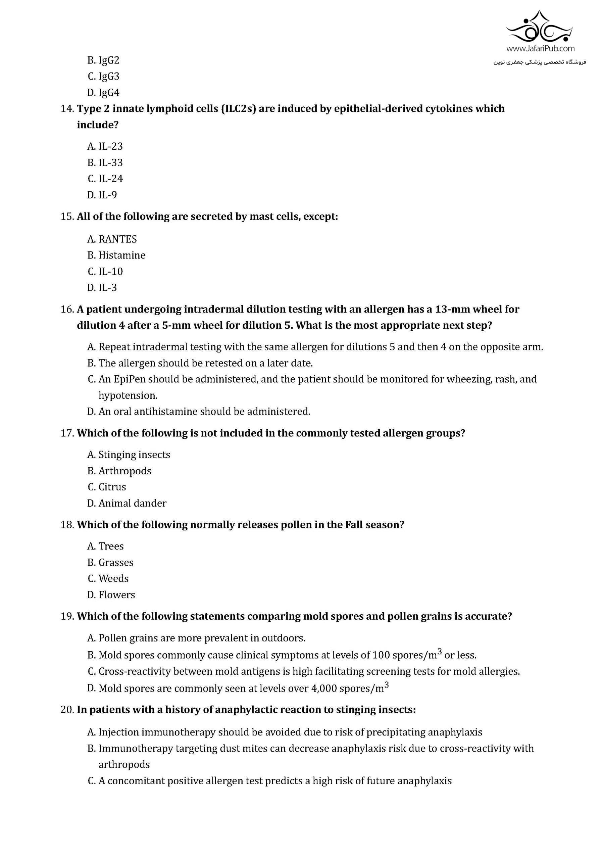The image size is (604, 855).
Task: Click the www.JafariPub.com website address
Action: [540, 48]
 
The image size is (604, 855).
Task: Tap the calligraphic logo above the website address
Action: [540, 27]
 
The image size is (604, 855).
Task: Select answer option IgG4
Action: [103, 92]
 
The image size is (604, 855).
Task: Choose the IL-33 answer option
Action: [105, 162]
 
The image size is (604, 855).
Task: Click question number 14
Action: [67, 109]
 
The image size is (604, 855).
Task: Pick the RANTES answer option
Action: [112, 239]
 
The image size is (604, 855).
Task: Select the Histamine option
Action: [116, 255]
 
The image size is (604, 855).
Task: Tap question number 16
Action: [67, 309]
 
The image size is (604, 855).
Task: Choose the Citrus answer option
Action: [107, 487]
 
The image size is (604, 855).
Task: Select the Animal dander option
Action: [127, 503]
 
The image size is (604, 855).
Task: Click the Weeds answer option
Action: [108, 578]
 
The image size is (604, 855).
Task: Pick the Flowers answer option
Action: [111, 595]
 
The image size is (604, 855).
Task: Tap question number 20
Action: [67, 710]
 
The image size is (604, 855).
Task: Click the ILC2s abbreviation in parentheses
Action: [238, 109]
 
